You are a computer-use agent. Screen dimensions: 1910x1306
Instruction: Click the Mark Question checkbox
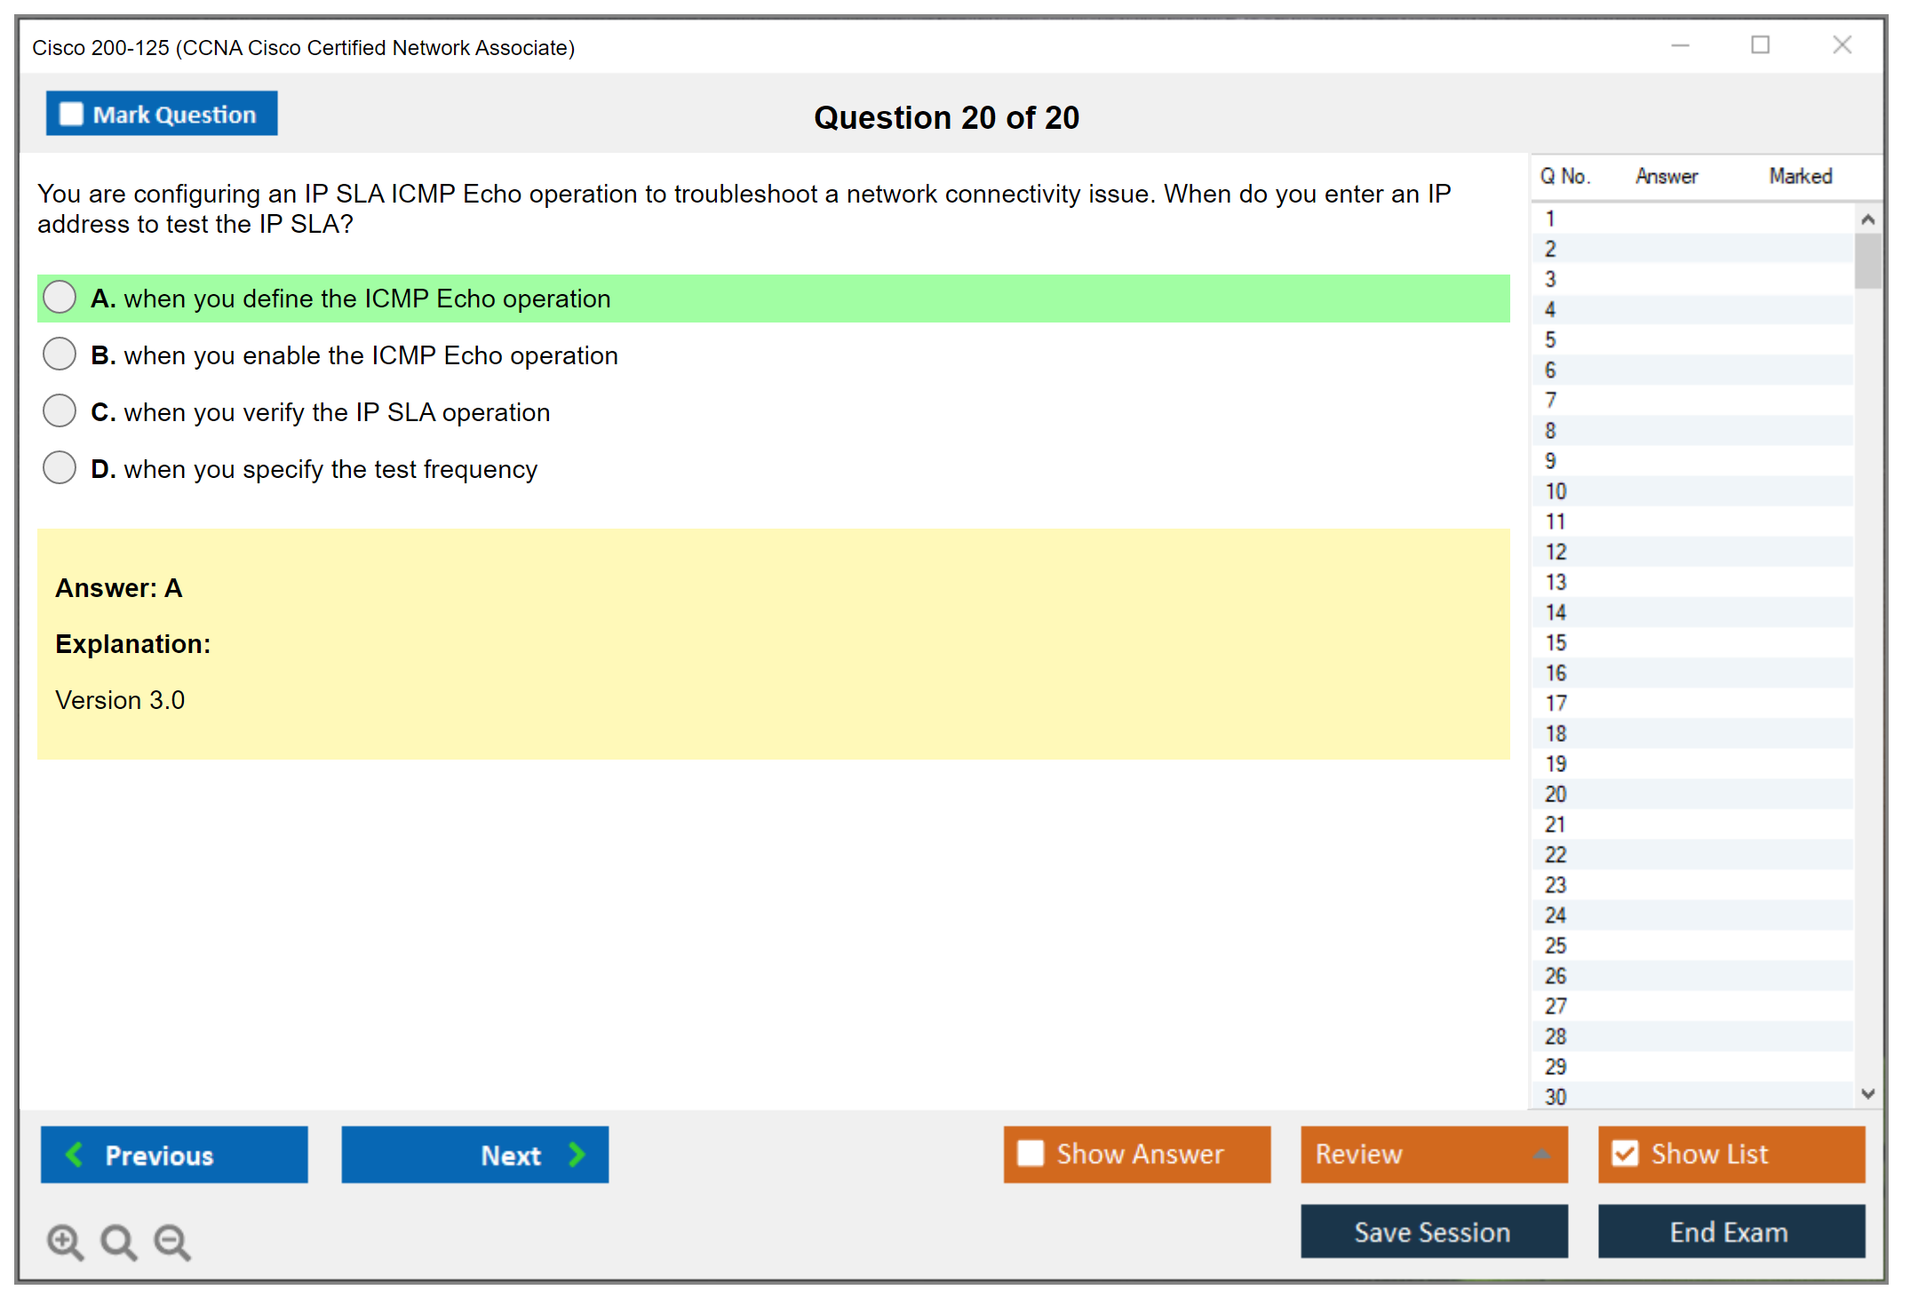tap(71, 115)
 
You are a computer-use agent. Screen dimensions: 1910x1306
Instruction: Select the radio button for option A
tap(60, 297)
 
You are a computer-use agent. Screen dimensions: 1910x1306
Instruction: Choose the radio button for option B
tap(60, 354)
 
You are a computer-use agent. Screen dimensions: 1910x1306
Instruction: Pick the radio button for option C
tap(60, 410)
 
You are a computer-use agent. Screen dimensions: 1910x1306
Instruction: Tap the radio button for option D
tap(60, 467)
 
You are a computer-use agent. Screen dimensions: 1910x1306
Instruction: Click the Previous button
tap(174, 1154)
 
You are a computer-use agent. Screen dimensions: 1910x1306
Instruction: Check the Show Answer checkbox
tap(1031, 1153)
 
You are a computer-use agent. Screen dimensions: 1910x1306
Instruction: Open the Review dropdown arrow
tap(1542, 1154)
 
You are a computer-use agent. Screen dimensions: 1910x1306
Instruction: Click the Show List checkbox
tap(1625, 1153)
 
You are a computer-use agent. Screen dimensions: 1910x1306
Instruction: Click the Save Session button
tap(1434, 1231)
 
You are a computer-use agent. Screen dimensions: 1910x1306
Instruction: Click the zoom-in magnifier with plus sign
tap(66, 1242)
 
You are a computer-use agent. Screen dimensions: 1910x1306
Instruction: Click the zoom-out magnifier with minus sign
tap(172, 1242)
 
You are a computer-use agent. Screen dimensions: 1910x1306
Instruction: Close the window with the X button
tap(1842, 45)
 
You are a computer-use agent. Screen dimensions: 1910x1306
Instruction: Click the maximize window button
tap(1761, 44)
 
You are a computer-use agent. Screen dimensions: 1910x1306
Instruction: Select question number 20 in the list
tap(1556, 794)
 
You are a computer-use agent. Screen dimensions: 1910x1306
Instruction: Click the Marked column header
tap(1801, 176)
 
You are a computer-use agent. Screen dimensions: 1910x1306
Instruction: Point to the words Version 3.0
tap(120, 700)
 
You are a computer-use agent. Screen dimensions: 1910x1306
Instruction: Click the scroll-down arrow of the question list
tap(1867, 1094)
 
